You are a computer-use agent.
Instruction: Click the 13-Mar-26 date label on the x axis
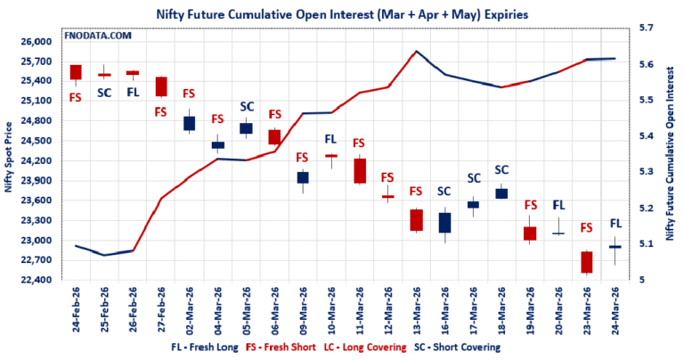click(414, 308)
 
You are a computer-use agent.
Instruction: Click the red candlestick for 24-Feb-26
click(76, 72)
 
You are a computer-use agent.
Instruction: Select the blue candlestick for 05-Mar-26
click(246, 128)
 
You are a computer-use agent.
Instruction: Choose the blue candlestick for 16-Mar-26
click(444, 223)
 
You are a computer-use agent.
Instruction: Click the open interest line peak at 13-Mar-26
click(416, 52)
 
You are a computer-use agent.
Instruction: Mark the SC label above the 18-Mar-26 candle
click(501, 169)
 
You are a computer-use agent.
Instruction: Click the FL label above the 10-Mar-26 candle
click(330, 139)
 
